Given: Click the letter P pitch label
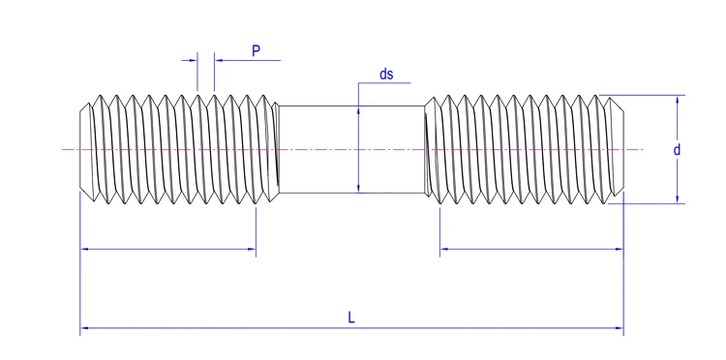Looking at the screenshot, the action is (257, 50).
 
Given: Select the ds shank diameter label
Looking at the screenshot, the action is (386, 75).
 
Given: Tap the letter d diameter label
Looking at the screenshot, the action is (677, 150).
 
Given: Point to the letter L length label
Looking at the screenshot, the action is (351, 317).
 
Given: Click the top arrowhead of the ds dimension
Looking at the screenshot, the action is (358, 109).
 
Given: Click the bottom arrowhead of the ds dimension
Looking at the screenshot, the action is (358, 189).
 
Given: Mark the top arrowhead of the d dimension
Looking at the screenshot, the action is (677, 100).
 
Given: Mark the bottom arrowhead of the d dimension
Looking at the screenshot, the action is (677, 199).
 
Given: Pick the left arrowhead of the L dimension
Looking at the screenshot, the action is (84, 328).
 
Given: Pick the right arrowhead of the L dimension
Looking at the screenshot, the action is (620, 328).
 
